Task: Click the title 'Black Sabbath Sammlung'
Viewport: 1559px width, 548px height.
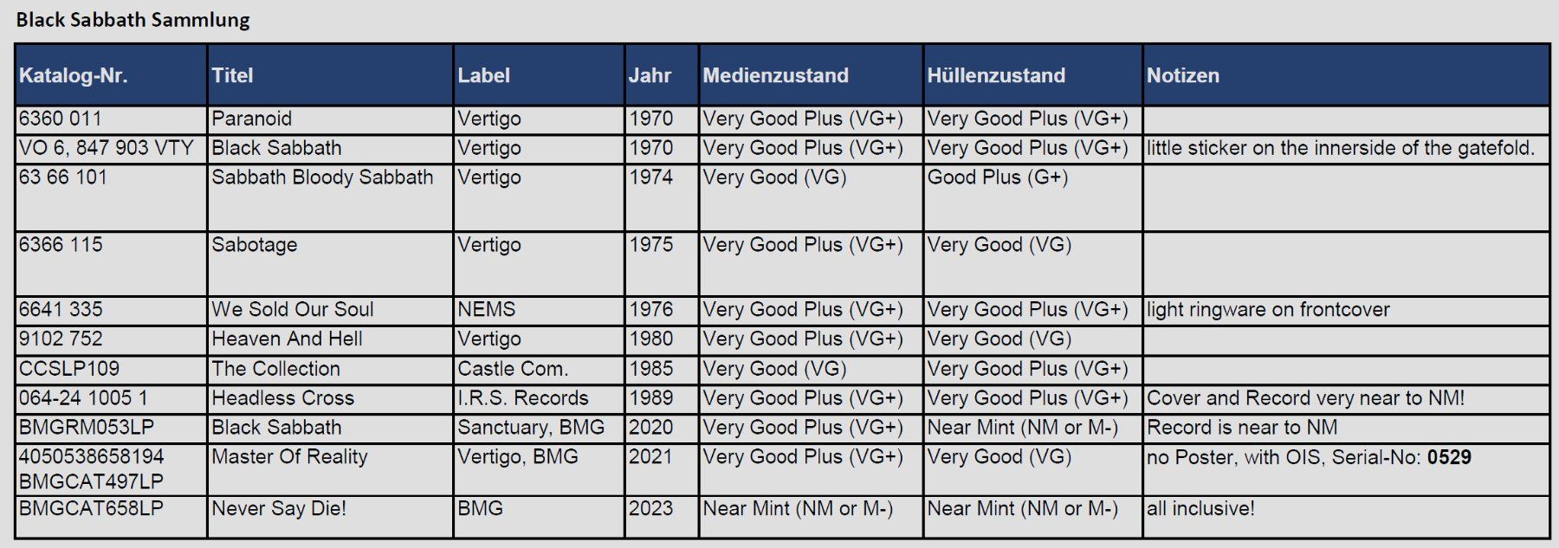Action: pyautogui.click(x=133, y=20)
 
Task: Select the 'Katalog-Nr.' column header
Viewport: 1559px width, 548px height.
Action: pyautogui.click(x=74, y=75)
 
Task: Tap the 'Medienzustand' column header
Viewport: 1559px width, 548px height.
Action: pyautogui.click(x=775, y=75)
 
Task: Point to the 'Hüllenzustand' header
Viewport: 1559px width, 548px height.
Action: pyautogui.click(x=996, y=75)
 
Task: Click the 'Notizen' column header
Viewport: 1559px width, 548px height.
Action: pyautogui.click(x=1183, y=75)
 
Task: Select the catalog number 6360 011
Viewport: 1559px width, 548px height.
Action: pyautogui.click(x=61, y=119)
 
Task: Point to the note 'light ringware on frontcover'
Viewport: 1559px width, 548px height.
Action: pyautogui.click(x=1268, y=310)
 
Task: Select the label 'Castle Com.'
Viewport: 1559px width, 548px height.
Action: pyautogui.click(x=513, y=369)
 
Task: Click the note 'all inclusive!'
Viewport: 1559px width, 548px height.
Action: pyautogui.click(x=1200, y=508)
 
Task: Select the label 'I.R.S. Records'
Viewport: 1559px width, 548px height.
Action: pyautogui.click(x=523, y=398)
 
